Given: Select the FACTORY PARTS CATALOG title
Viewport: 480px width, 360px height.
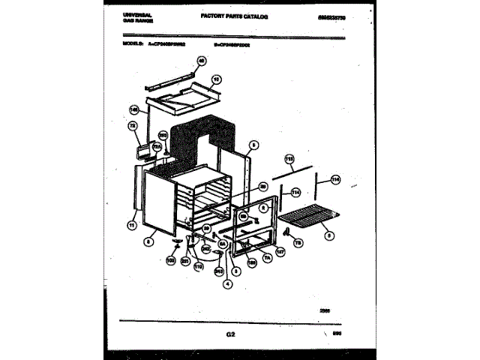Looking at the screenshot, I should coord(234,15).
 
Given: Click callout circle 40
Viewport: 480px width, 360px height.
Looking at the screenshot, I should coord(201,61).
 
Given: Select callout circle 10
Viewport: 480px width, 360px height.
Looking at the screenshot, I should coord(216,78).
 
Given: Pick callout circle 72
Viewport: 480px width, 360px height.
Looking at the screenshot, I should coord(133,126).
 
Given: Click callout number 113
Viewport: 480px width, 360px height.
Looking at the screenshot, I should coord(289,158).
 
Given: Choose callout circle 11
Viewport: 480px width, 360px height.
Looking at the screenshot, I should coord(133,224).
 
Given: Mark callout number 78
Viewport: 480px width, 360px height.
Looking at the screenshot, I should coord(296,243).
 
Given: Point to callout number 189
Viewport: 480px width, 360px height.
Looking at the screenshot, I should coord(252,262).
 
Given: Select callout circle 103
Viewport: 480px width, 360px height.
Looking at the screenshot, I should coord(170,259).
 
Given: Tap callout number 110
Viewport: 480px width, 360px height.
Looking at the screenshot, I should coord(199,265).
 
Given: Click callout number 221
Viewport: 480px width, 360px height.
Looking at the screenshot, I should coord(184,259).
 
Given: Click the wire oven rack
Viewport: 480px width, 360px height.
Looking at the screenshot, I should coord(307,222).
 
